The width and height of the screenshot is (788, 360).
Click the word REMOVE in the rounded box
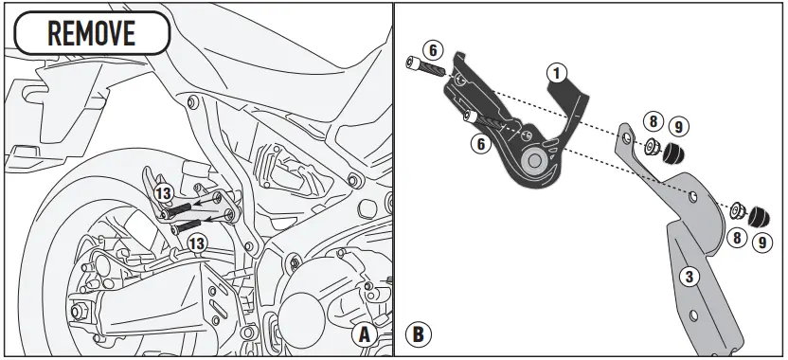coord(91,33)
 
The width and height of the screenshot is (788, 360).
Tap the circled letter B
coord(416,334)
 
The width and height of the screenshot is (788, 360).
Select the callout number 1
coord(557,71)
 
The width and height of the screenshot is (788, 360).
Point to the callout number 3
coord(690,277)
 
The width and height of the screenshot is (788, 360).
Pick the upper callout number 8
coord(653,121)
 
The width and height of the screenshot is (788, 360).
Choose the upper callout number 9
coord(679,125)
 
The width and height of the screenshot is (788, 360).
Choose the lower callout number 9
coord(762,242)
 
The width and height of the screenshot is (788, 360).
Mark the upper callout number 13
coord(163,193)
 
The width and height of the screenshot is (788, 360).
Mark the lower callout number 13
coord(196,244)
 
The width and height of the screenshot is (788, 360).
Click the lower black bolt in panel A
coord(188,225)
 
